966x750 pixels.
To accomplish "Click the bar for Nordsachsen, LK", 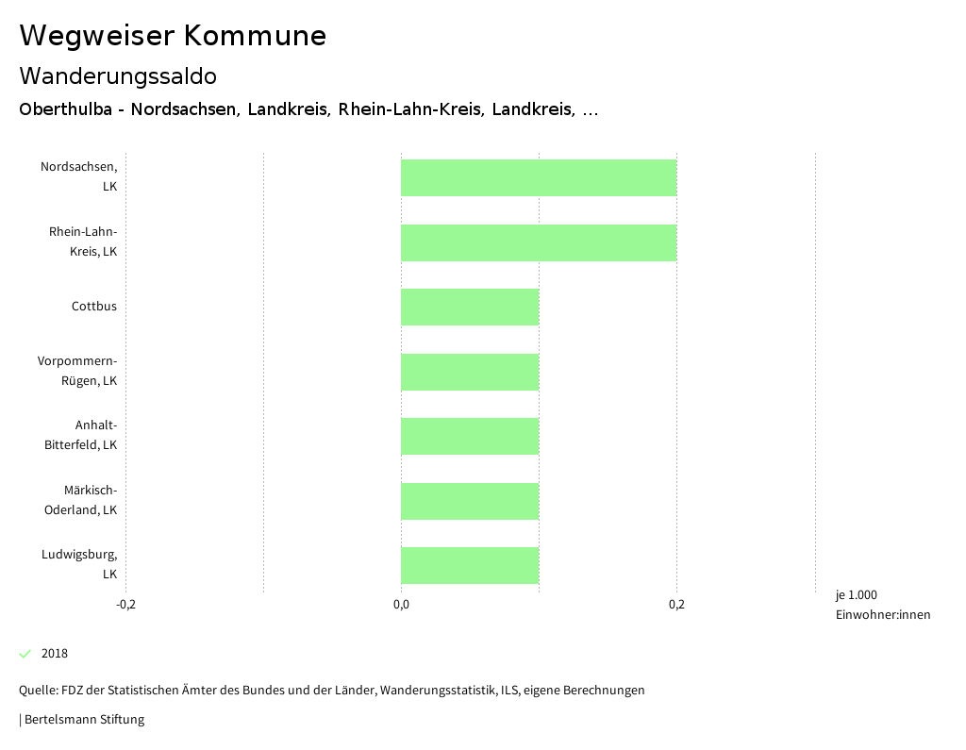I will pos(539,177).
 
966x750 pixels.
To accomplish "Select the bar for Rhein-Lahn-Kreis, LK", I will pos(539,242).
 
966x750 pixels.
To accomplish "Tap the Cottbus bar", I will pos(470,307).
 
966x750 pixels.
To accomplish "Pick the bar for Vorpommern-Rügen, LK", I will pos(470,372).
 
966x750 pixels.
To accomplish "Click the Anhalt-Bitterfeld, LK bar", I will pos(470,436).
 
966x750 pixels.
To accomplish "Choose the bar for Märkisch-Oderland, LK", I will pos(470,501).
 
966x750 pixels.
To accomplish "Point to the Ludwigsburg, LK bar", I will pos(470,565).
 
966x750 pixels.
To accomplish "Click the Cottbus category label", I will pos(94,307).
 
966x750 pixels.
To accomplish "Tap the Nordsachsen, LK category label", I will pos(79,177).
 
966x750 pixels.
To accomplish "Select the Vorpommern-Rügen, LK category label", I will pos(77,372).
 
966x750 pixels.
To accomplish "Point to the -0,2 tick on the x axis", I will pos(125,605).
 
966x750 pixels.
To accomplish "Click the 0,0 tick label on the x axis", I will pos(401,605).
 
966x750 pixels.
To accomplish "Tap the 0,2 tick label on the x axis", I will pos(676,605).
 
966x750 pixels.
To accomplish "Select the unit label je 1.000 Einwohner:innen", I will pos(882,605).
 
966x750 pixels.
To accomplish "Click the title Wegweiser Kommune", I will pos(173,36).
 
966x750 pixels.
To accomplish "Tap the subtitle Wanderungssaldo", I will pos(118,75).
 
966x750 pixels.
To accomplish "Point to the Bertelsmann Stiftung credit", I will pos(84,720).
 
